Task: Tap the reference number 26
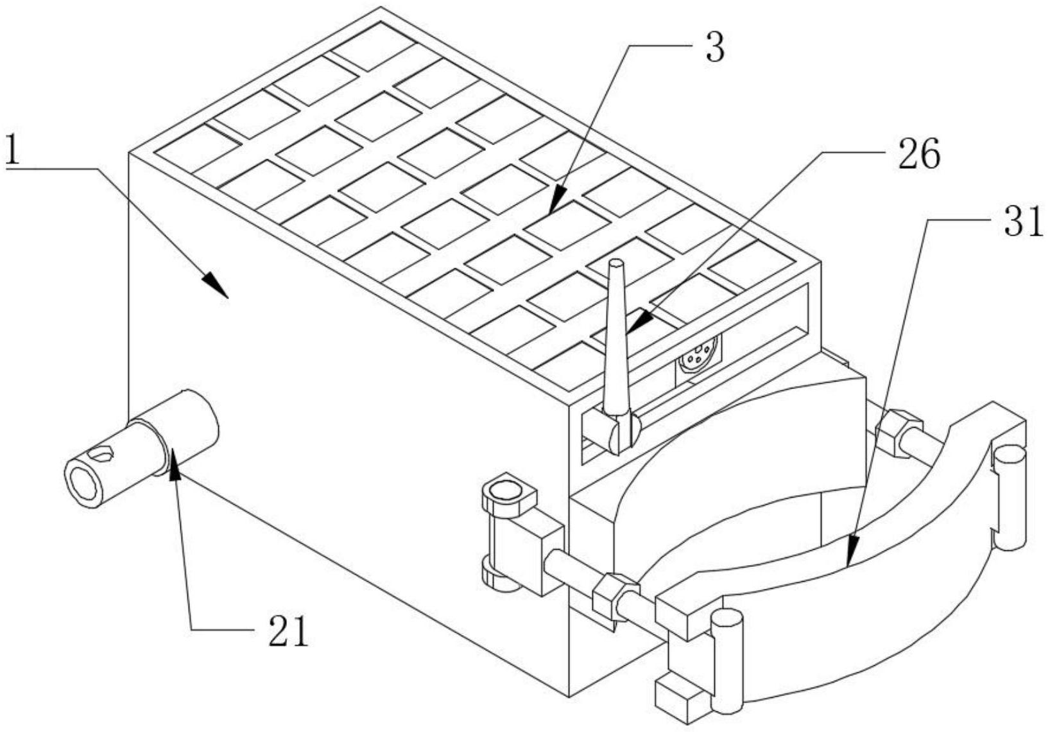pyautogui.click(x=919, y=155)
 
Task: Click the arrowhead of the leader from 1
pyautogui.click(x=216, y=286)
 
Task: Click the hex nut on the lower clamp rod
pyautogui.click(x=614, y=597)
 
